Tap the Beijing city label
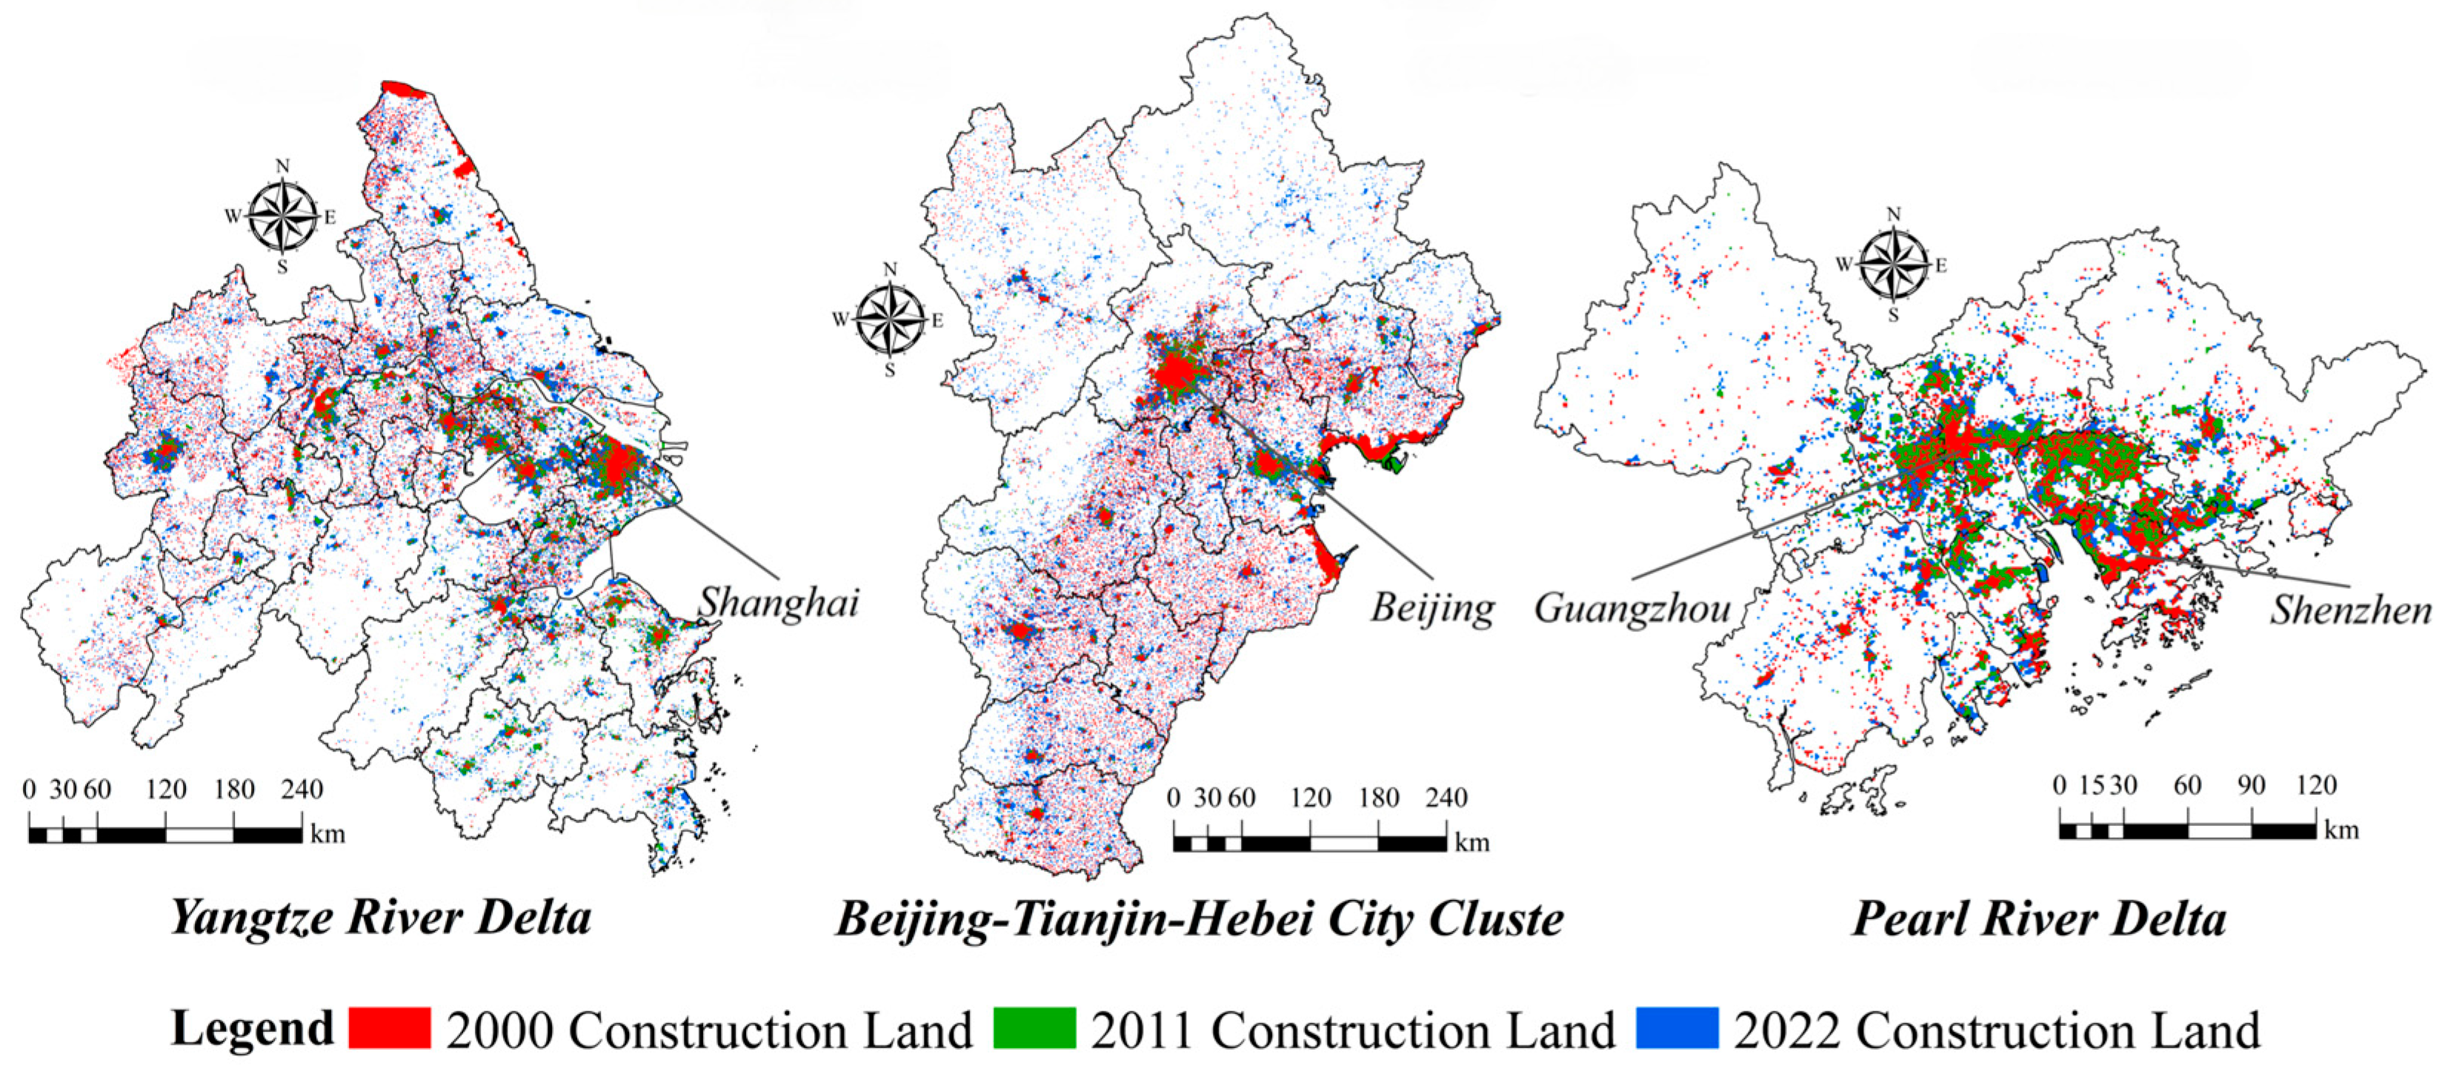pos(1431,607)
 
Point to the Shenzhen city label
pos(2350,610)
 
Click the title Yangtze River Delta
pos(381,917)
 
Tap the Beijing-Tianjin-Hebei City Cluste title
pos(1200,919)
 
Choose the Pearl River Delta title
pos(2039,919)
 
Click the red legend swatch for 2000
pos(389,1028)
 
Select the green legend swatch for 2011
pos(1034,1028)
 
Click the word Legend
pos(253,1028)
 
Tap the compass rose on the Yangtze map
pos(282,216)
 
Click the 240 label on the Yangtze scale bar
pos(302,790)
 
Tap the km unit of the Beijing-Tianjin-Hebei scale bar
pos(1472,843)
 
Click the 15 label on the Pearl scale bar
pos(2091,786)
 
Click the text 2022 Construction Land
pos(1997,1030)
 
